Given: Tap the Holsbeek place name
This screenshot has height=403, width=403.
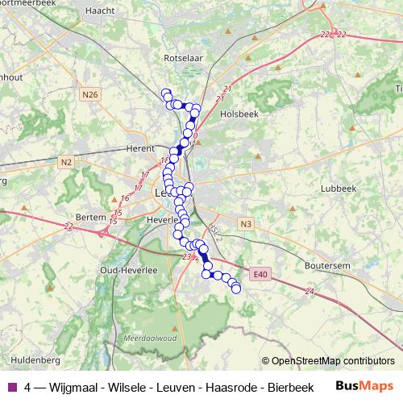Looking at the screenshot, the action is point(239,114).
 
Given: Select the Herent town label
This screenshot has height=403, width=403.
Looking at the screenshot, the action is point(140,148).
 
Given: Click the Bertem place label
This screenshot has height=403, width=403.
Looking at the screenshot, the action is point(89,217).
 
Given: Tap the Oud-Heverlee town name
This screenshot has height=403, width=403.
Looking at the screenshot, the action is point(123,270).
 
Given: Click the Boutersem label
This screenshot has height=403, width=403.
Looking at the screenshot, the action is point(327,264).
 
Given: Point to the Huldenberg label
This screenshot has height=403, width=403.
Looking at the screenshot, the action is point(31,358).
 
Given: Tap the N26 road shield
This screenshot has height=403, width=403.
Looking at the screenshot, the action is point(89,94).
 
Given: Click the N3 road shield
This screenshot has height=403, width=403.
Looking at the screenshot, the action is point(246,224).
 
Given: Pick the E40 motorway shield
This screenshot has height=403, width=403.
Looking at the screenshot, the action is point(258,275).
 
